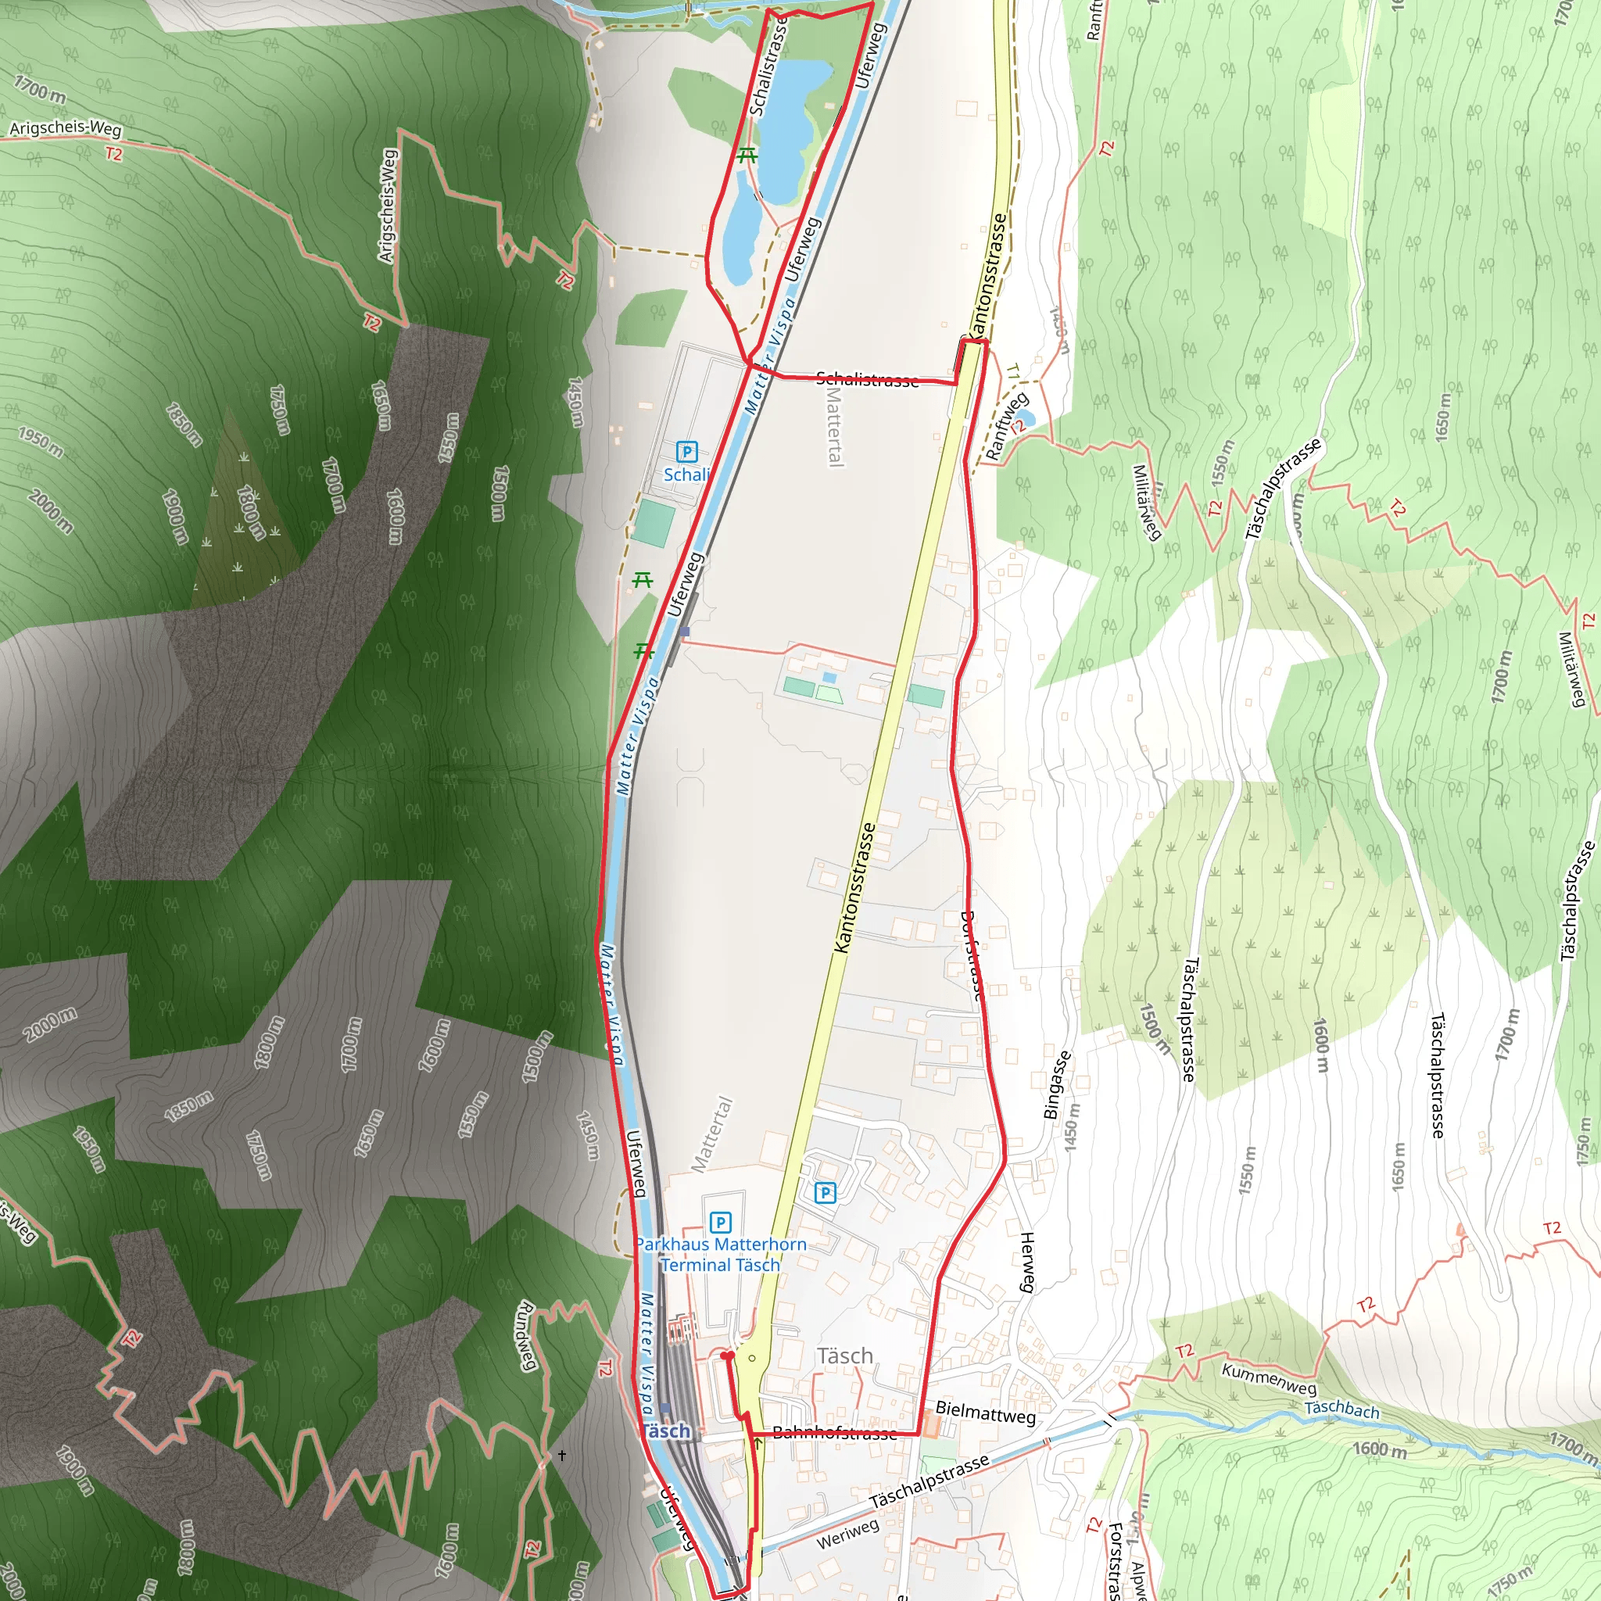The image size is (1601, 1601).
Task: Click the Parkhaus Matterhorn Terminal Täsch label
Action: click(x=720, y=1255)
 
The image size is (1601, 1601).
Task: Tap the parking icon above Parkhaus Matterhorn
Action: click(x=720, y=1223)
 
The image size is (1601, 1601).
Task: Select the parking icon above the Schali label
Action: click(x=686, y=452)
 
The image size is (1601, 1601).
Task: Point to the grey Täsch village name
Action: click(x=844, y=1356)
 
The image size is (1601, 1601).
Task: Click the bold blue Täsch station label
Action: click(x=665, y=1431)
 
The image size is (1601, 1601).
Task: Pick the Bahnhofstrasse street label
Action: click(x=833, y=1433)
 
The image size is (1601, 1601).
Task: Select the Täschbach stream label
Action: click(x=1342, y=1409)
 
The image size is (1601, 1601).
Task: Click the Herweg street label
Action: click(x=1027, y=1261)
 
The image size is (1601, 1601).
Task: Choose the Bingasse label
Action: click(x=1058, y=1085)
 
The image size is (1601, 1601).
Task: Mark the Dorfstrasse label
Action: click(x=971, y=956)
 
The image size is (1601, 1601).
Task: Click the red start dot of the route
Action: click(x=727, y=1356)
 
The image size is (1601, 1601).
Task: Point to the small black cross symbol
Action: click(x=562, y=1455)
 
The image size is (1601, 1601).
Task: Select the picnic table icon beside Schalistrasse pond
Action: click(x=747, y=154)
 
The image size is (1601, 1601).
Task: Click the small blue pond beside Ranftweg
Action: click(x=1023, y=417)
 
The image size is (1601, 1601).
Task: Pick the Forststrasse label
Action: click(x=1116, y=1558)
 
